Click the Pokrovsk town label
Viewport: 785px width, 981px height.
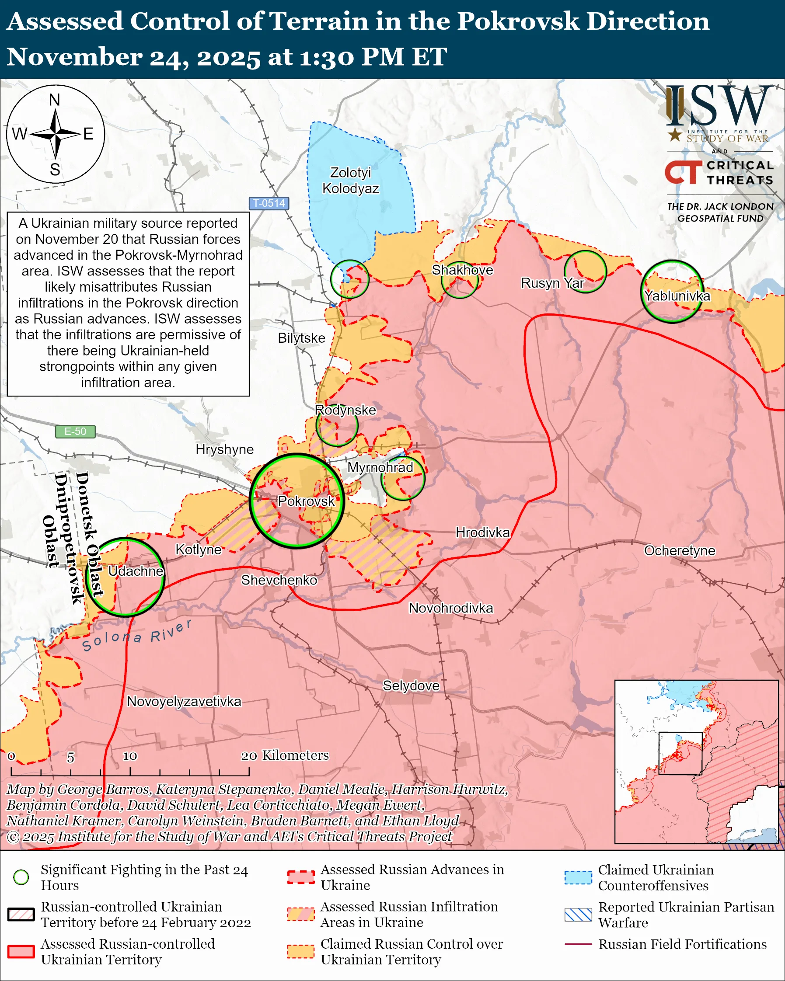click(306, 501)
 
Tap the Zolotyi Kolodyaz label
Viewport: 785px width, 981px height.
click(350, 180)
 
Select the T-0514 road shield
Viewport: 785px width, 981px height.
click(269, 203)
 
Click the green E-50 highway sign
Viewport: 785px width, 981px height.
click(75, 431)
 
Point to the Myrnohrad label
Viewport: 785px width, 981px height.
click(380, 467)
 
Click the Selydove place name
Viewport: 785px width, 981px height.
click(411, 686)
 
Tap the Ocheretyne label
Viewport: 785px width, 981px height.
click(680, 550)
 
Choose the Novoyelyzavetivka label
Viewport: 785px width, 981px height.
click(184, 701)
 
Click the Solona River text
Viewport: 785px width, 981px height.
click(136, 637)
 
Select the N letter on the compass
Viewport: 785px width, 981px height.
click(55, 100)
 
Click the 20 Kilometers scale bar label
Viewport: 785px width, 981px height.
click(284, 755)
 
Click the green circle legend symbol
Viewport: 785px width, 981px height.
click(21, 877)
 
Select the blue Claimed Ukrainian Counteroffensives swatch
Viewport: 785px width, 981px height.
click(578, 877)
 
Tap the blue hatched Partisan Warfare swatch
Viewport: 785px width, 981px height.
click(578, 915)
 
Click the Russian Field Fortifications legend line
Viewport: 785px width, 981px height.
click(578, 944)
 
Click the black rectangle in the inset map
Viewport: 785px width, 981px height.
click(680, 753)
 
